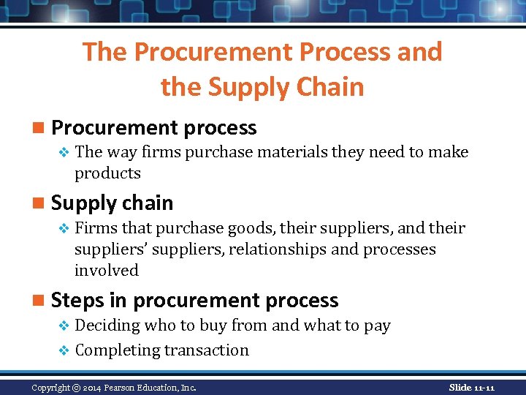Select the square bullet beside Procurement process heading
pyautogui.click(x=42, y=129)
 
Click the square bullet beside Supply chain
pyautogui.click(x=42, y=203)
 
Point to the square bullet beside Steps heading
pyautogui.click(x=42, y=301)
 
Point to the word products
pyautogui.click(x=107, y=173)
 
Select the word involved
pyautogui.click(x=107, y=271)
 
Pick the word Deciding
pyautogui.click(x=107, y=326)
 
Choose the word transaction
pyautogui.click(x=207, y=350)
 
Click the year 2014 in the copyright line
pyautogui.click(x=91, y=387)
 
